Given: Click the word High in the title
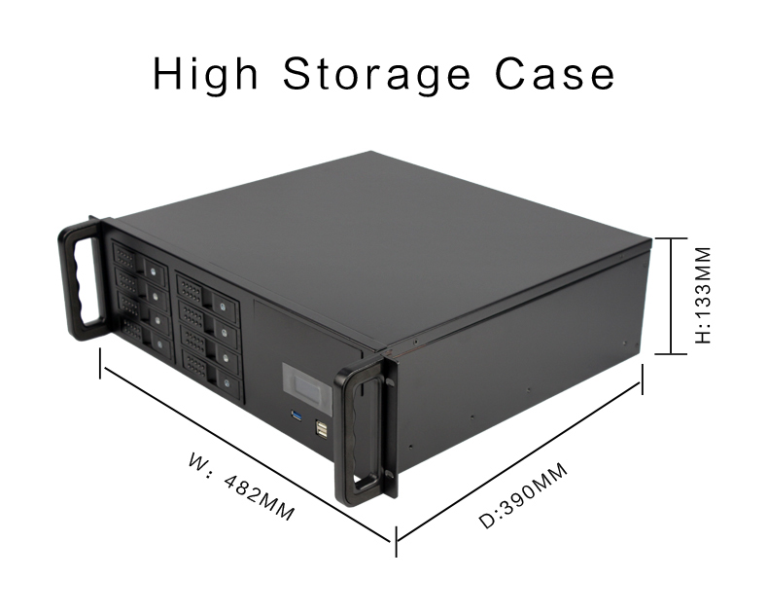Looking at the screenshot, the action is point(205,75).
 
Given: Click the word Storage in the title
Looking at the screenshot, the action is point(376,74).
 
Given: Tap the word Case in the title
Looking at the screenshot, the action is point(555,74).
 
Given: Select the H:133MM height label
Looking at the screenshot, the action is point(703,295).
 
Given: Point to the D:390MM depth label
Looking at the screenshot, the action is point(523,496).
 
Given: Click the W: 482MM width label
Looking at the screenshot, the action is point(241,487).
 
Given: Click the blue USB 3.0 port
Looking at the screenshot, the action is point(297,415).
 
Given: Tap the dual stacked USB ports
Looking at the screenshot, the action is point(322,429).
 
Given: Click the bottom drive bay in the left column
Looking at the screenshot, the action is point(147,336).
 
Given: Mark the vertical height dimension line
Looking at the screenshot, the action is point(671,296).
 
